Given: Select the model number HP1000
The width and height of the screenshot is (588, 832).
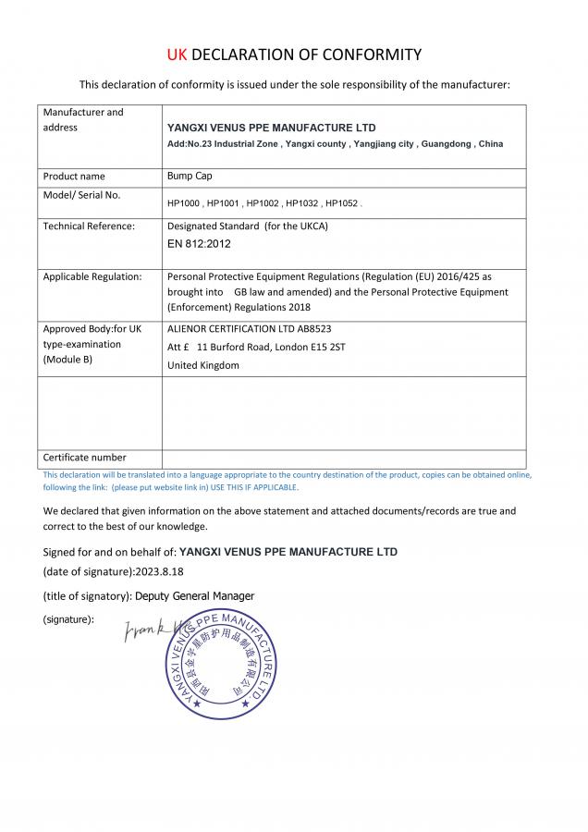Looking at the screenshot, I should click(x=184, y=202).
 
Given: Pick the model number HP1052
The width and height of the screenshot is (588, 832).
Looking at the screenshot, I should click(x=341, y=202).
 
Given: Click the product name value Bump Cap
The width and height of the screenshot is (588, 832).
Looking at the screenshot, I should click(x=189, y=176).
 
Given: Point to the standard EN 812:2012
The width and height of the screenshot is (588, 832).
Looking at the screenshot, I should click(x=199, y=244).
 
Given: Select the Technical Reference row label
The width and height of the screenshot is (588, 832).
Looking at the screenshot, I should click(x=89, y=226).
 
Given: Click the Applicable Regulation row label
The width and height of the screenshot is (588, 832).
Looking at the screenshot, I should click(x=92, y=276).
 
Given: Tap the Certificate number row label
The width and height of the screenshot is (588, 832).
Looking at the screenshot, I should click(x=85, y=458).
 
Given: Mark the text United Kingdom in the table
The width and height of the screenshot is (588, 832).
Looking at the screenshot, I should click(x=202, y=365).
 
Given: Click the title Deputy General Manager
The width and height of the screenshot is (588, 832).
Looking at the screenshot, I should click(x=194, y=595).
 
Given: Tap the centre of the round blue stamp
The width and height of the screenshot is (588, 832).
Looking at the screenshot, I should click(x=221, y=663).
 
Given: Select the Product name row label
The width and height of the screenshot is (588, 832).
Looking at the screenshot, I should click(x=74, y=176).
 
